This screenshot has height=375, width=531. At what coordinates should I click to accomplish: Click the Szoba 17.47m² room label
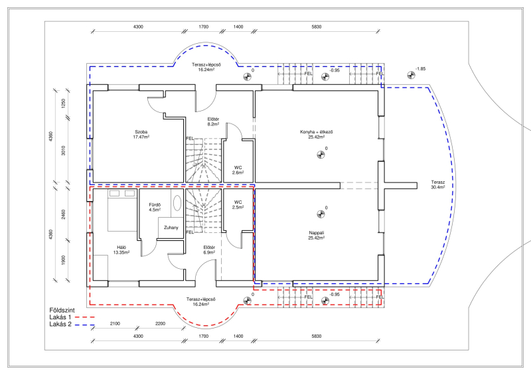coord(141,135)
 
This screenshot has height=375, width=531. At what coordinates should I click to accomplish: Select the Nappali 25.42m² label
coord(317,236)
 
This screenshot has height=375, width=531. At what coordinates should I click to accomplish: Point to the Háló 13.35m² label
coord(121,250)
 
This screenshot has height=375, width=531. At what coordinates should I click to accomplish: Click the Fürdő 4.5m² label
coord(155,207)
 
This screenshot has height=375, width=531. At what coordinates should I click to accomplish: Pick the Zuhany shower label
coord(171,228)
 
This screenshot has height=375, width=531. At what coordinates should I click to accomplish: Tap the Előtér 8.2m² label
coord(213,121)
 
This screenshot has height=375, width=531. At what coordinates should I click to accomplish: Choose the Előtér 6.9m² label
coord(209,250)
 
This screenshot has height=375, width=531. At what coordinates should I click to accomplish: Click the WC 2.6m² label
coord(238,170)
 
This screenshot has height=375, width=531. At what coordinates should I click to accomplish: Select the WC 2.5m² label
coord(238,204)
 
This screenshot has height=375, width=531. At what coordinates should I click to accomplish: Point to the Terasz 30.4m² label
coord(438,185)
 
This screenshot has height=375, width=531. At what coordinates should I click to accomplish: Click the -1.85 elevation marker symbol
coord(411,75)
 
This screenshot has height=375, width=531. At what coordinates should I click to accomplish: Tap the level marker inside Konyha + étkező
coord(321,155)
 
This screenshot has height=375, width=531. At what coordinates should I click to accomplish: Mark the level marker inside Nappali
coord(321,214)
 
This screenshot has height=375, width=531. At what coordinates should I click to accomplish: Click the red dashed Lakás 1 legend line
coord(84,317)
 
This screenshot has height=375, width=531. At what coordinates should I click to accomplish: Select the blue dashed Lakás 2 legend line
coord(84,325)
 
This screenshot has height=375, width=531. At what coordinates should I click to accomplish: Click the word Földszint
coord(62,311)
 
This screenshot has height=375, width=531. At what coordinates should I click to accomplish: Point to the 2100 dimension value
coord(115,323)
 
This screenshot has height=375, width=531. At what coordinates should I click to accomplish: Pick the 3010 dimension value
coord(63,151)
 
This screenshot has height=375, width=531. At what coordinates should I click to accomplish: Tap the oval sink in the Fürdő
coord(177,203)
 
